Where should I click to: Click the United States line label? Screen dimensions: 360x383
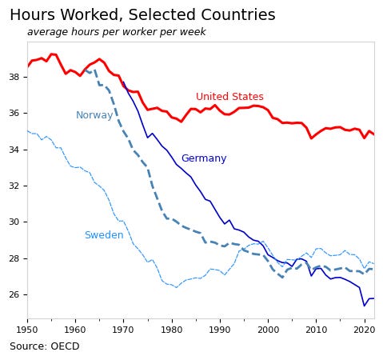(229, 97)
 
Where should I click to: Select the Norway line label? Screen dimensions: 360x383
(94, 115)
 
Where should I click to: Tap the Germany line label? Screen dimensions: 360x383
(203, 158)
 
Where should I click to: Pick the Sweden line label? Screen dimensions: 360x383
(104, 235)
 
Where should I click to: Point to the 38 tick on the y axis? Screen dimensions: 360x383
(14, 77)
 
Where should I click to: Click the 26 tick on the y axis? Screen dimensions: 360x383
(14, 294)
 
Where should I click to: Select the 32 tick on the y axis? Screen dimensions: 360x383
(14, 186)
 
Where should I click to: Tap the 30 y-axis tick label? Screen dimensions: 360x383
(14, 222)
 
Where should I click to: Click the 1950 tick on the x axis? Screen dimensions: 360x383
(27, 329)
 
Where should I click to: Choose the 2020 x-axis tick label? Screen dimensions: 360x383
(364, 329)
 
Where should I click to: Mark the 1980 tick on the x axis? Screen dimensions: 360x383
(171, 329)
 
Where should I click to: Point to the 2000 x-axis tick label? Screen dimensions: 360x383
(268, 329)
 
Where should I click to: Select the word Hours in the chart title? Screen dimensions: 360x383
(33, 15)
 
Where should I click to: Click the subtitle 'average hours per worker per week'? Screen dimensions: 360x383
(116, 32)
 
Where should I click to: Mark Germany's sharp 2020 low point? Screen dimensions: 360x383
(364, 306)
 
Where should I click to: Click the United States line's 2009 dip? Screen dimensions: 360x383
(312, 138)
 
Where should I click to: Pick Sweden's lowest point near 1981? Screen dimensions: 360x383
(176, 287)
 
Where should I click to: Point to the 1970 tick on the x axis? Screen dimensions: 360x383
(123, 329)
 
